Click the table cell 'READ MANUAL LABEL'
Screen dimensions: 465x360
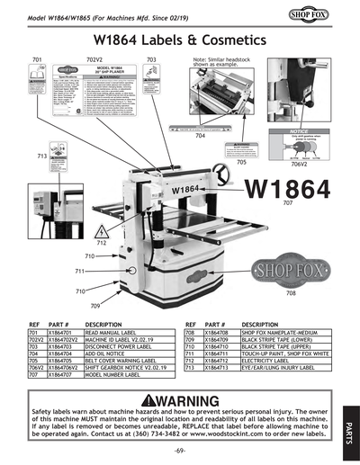coord(112,332)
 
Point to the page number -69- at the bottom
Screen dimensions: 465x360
coord(180,449)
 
